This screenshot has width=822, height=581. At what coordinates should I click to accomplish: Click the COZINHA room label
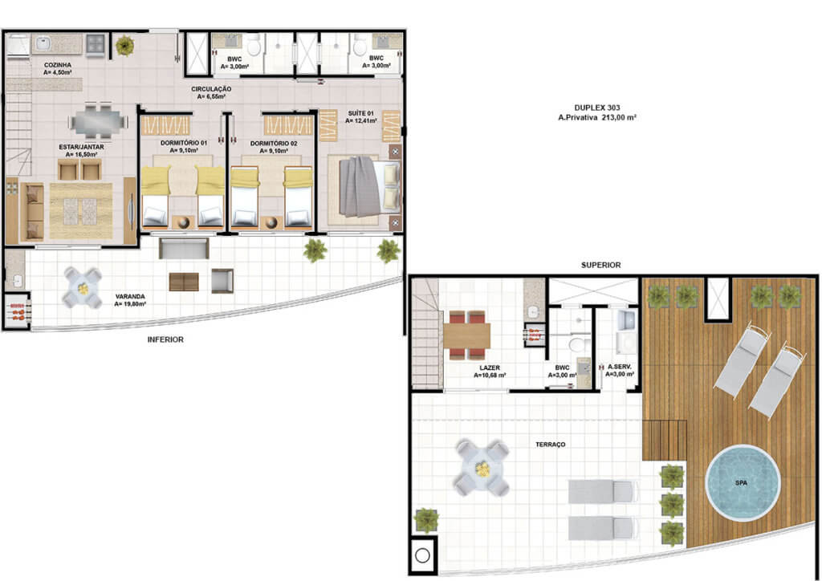pos(58,65)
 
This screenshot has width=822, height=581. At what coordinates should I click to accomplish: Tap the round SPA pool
pos(743,482)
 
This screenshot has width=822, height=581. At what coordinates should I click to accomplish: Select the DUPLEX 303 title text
pos(597,108)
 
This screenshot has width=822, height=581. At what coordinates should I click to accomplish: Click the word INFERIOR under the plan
pos(165,339)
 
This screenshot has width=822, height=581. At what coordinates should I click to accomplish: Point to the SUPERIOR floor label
pos(600,265)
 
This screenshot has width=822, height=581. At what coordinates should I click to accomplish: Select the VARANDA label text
pos(130,297)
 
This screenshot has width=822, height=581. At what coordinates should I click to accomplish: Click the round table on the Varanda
pos(83,288)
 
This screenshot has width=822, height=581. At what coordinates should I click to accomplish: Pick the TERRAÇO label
pos(551,445)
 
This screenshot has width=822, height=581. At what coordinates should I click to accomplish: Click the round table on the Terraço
pos(482,468)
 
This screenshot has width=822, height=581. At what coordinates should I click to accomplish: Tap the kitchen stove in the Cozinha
pos(96,44)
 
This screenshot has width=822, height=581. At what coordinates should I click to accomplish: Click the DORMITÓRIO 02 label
pos(274,143)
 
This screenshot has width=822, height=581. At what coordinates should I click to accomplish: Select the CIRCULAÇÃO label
pos(211,89)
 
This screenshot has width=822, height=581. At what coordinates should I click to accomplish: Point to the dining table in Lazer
pos(467,335)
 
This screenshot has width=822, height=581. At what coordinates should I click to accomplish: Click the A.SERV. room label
pos(620,367)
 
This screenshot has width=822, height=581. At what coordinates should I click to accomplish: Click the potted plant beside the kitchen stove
pos(124,46)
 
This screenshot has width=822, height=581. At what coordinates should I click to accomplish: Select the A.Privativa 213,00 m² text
pos(597,118)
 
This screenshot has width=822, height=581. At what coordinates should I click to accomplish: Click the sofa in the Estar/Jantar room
pos(32,212)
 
